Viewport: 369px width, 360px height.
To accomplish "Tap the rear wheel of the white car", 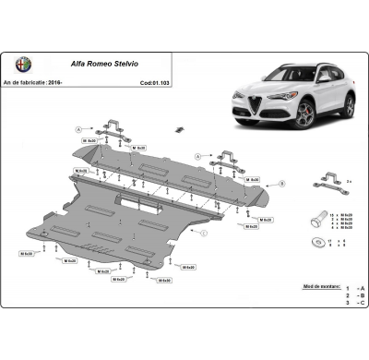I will (x=349, y=105).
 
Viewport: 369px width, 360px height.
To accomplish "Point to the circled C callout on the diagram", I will (x=203, y=233).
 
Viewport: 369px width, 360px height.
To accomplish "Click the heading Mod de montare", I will (x=324, y=287).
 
